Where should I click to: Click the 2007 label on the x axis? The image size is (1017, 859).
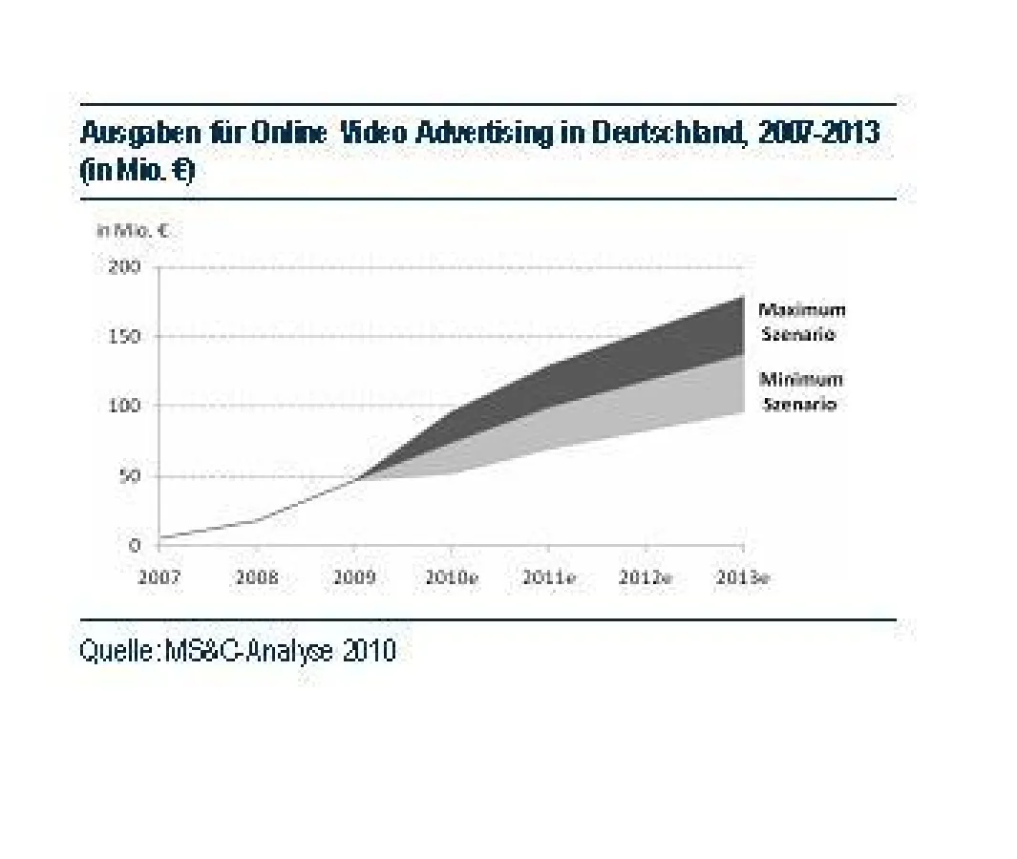[159, 578]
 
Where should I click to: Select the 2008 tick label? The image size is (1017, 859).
[256, 578]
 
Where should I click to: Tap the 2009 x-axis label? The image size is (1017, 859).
[353, 578]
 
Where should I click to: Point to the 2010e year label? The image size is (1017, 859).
[452, 578]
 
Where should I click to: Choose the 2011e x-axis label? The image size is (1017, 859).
[548, 578]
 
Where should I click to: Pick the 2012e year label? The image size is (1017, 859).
[646, 578]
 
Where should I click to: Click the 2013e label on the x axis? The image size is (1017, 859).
[743, 578]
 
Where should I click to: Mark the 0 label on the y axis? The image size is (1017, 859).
[136, 546]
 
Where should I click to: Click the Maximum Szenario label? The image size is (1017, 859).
[800, 322]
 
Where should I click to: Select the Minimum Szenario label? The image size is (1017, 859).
[800, 391]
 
